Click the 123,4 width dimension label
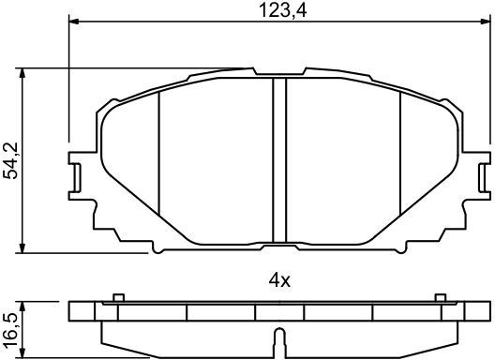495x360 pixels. pyautogui.click(x=282, y=10)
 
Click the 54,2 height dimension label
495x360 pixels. pyautogui.click(x=10, y=160)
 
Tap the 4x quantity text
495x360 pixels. pyautogui.click(x=279, y=280)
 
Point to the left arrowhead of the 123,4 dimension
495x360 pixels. pyautogui.click(x=73, y=22)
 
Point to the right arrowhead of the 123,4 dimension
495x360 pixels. pyautogui.click(x=485, y=22)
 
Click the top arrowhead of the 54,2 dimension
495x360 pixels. pyautogui.click(x=22, y=73)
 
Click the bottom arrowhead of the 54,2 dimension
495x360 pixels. pyautogui.click(x=22, y=247)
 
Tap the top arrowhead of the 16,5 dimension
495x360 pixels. pyautogui.click(x=22, y=307)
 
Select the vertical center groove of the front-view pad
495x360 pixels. pyautogui.click(x=279, y=160)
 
